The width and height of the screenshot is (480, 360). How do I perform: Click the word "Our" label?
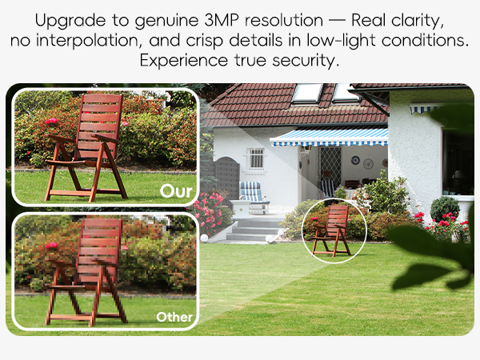[x=175, y=191]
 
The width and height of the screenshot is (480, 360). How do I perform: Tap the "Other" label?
[x=174, y=317]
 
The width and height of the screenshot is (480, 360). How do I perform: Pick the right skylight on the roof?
[x=345, y=92]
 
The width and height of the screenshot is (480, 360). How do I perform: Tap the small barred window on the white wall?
[x=256, y=158]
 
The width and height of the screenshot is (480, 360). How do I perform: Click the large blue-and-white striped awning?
[x=328, y=137]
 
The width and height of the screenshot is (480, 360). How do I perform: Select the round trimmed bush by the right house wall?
[x=445, y=209]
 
